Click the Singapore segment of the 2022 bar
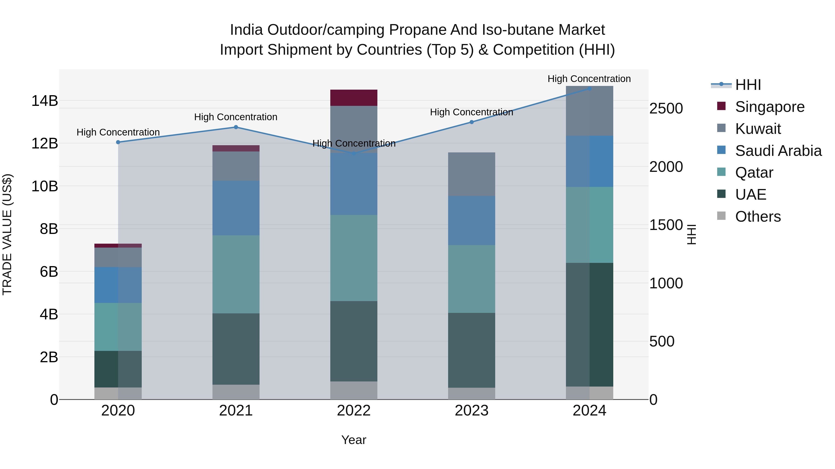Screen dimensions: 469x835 point(354,98)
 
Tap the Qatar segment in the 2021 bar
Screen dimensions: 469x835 point(236,274)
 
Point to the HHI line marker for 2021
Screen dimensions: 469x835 point(236,127)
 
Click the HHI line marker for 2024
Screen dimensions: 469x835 point(589,89)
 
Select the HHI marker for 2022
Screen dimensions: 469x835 point(354,153)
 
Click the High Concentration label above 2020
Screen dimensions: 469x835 point(118,132)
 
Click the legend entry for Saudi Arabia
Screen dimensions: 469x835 point(778,151)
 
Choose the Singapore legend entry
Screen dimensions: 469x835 point(770,107)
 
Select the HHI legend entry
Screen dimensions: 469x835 point(748,85)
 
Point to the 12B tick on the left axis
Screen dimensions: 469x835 point(44,143)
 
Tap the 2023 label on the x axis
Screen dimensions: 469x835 point(471,411)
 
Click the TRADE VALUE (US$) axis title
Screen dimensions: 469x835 point(7,234)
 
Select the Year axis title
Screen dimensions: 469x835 point(354,440)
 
